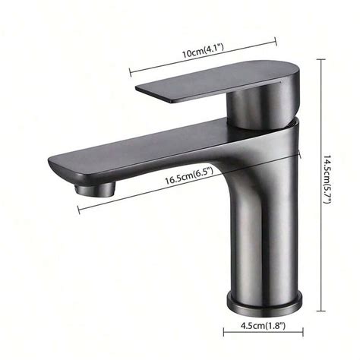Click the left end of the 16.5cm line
[78, 210]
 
